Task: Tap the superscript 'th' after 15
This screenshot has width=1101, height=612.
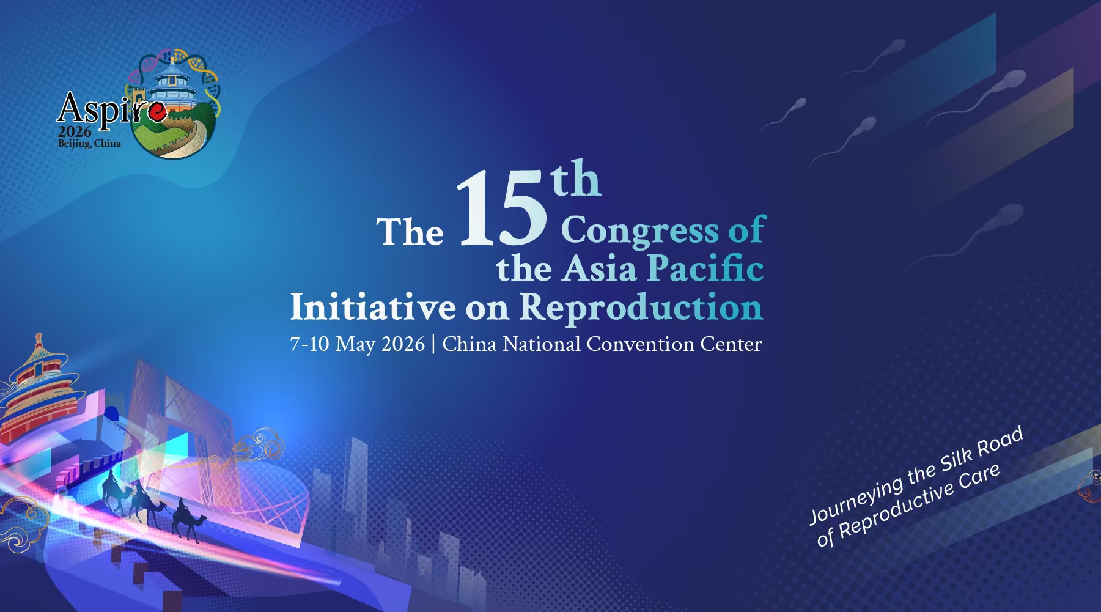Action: tap(576, 179)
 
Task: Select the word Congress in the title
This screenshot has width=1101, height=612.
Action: tap(639, 231)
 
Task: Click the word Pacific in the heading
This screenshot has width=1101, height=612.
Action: tap(705, 268)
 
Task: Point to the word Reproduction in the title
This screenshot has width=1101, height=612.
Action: tap(641, 307)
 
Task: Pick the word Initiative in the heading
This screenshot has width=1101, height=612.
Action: tap(373, 306)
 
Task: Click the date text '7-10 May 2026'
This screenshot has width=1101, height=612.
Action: tap(357, 344)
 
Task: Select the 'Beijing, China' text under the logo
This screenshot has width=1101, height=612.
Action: tap(89, 144)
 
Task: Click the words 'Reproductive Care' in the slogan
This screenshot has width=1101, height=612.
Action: tap(919, 501)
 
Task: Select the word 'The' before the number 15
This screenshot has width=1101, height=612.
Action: tap(410, 232)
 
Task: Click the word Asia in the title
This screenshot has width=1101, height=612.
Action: tap(599, 269)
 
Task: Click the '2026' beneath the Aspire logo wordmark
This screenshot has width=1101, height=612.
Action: tap(75, 131)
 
